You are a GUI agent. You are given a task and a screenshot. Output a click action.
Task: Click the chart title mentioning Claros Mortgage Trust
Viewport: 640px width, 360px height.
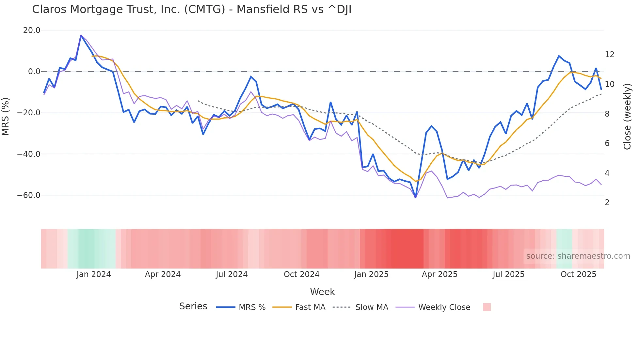pyautogui.click(x=192, y=9)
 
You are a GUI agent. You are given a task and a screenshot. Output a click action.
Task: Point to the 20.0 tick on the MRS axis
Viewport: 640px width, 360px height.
pyautogui.click(x=32, y=30)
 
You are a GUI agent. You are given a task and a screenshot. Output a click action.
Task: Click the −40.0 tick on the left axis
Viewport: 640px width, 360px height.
pyautogui.click(x=29, y=154)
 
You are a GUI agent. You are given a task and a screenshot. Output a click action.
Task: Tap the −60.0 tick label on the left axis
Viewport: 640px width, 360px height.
pyautogui.click(x=29, y=195)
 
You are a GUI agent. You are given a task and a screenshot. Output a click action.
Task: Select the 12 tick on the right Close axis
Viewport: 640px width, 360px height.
pyautogui.click(x=609, y=55)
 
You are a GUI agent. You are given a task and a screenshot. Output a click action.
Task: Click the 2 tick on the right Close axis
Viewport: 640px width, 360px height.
pyautogui.click(x=607, y=203)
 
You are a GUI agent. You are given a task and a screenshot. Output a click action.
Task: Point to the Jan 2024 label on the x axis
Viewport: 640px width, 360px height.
pyautogui.click(x=94, y=274)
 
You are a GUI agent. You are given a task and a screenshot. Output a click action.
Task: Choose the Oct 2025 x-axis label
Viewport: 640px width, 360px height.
pyautogui.click(x=578, y=274)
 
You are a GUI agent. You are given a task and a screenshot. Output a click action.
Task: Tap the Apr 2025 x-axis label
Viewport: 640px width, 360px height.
pyautogui.click(x=440, y=274)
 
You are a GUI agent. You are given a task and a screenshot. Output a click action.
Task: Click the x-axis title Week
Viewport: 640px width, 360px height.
pyautogui.click(x=322, y=292)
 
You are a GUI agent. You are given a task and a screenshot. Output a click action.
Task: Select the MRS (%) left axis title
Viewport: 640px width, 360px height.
pyautogui.click(x=5, y=117)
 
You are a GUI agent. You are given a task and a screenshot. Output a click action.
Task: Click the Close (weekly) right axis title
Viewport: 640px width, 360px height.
pyautogui.click(x=627, y=117)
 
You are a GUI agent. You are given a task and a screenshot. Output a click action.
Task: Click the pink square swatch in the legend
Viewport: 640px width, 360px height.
pyautogui.click(x=487, y=307)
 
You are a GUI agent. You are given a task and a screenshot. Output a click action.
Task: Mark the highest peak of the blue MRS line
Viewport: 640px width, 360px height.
pyautogui.click(x=81, y=35)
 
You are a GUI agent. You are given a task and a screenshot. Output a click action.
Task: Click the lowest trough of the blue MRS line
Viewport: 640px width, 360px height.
pyautogui.click(x=415, y=197)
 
